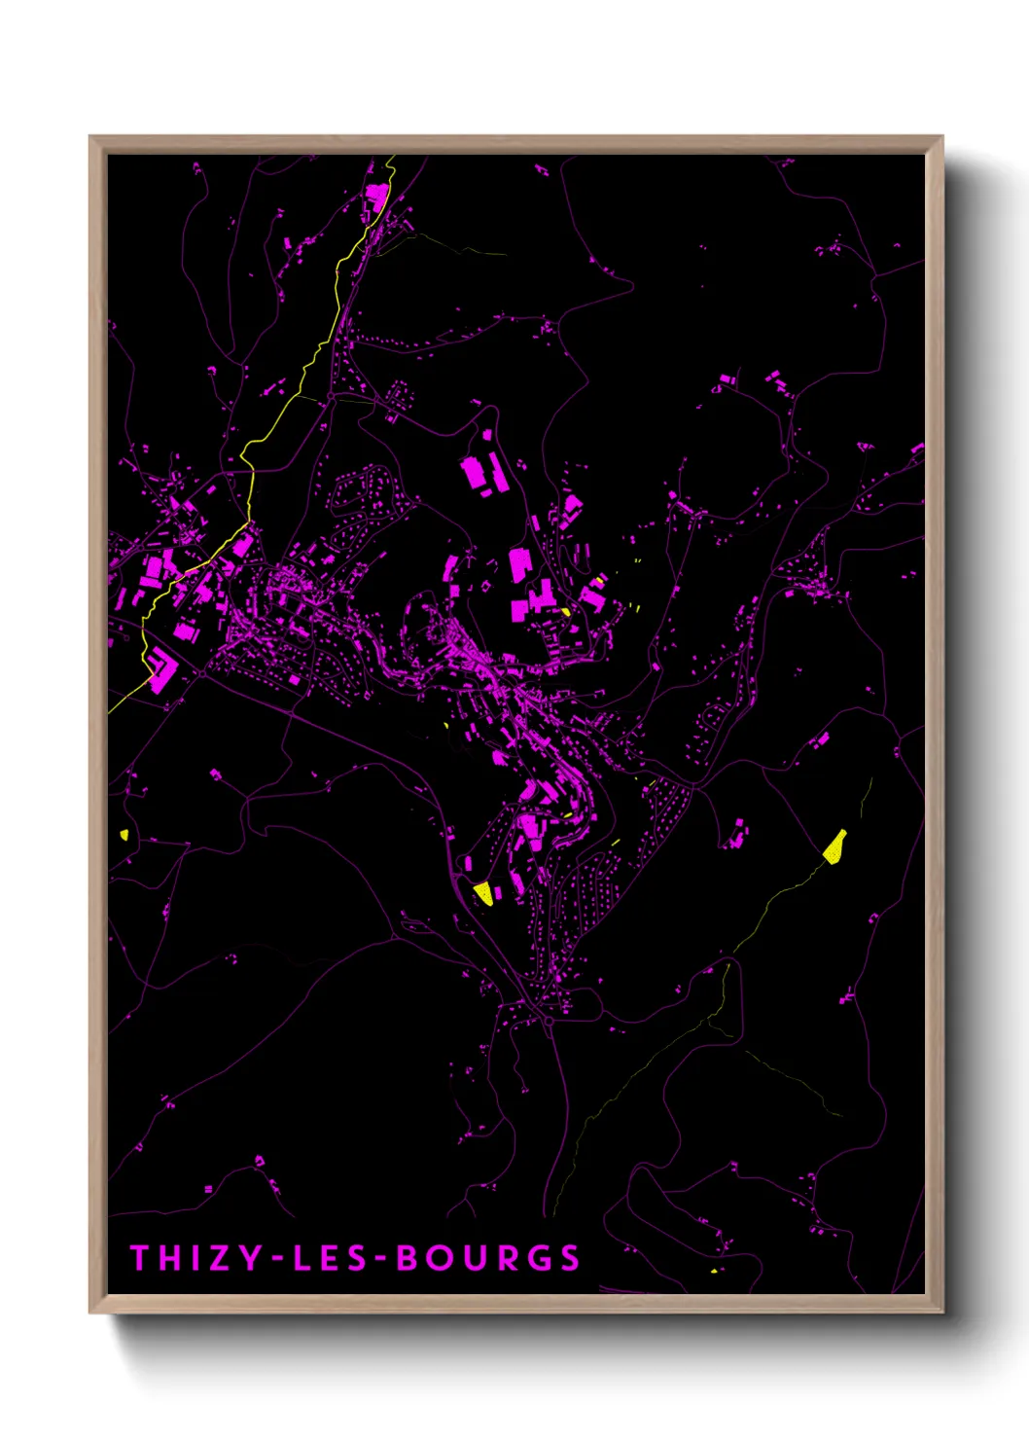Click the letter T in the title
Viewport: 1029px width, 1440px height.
point(140,1258)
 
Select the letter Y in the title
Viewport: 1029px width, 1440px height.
point(251,1258)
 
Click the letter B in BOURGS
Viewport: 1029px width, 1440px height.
point(408,1258)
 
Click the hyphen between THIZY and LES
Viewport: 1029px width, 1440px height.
point(277,1260)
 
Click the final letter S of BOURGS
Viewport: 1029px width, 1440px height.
point(569,1258)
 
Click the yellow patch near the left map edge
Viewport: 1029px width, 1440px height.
point(125,834)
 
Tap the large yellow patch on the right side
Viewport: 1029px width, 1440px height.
point(834,847)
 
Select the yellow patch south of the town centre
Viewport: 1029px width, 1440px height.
point(483,893)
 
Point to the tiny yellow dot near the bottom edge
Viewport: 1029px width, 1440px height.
point(714,1270)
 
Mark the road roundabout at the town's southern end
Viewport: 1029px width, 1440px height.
point(548,1022)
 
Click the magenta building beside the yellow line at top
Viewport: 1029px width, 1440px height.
point(375,197)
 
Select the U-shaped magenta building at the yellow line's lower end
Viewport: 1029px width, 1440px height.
point(161,670)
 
